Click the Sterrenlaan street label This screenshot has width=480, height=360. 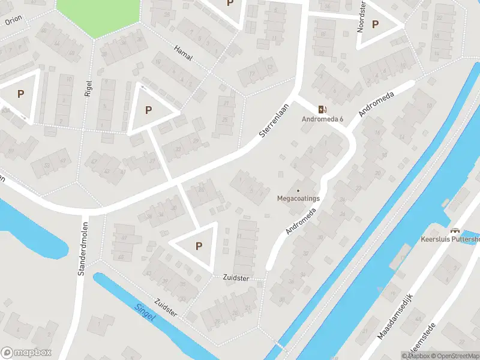pos(271,122)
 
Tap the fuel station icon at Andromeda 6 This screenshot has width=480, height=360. pos(322,109)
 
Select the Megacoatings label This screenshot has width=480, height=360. pos(298,198)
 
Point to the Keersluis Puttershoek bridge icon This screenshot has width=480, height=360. pos(454,230)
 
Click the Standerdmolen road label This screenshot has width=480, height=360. pos(82,250)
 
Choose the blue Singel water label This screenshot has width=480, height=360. pos(144,313)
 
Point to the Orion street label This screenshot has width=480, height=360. pos(13,20)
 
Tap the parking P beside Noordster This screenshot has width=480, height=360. pos(376,25)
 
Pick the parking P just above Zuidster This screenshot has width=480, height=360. pos(199,245)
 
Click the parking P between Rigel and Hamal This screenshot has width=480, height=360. pos(148,110)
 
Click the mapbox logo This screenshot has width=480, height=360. pos(26,352)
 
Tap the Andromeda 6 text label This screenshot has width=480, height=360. pos(322,119)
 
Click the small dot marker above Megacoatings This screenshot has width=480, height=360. pos(298,191)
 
